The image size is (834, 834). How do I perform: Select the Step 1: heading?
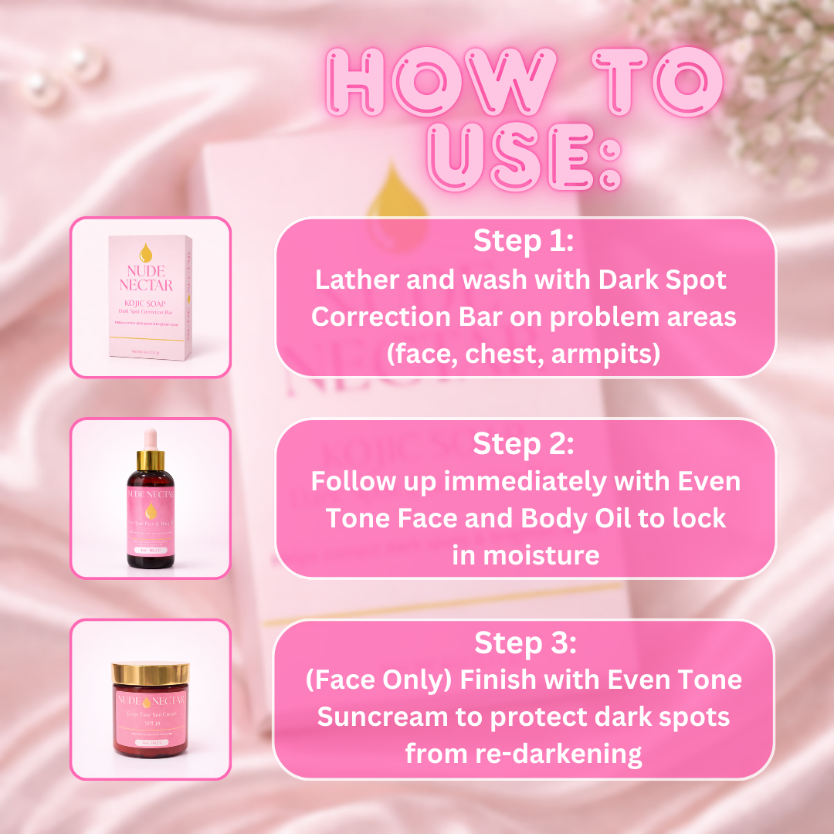point(524,241)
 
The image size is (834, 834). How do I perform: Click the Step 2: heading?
point(524,444)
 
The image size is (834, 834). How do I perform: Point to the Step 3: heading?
point(525,642)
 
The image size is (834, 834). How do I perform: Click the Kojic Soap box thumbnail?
point(151,297)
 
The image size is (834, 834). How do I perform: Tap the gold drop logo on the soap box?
point(144,252)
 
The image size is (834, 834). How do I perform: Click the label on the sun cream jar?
point(151,722)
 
